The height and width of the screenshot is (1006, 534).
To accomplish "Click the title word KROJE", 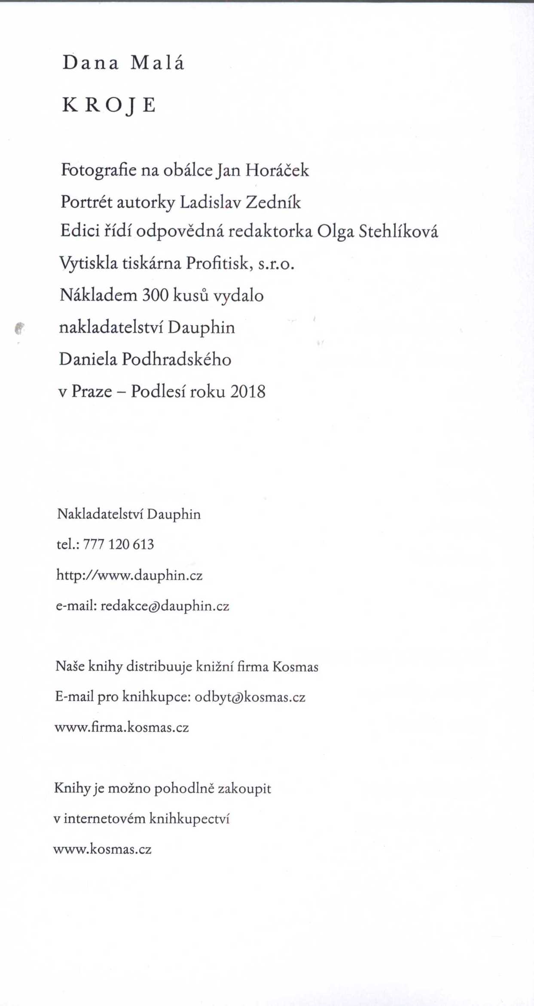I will (109, 105).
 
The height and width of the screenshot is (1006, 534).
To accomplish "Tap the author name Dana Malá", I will (123, 63).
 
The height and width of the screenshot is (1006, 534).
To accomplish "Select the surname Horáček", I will (277, 170).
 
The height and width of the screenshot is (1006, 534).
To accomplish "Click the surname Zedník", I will (273, 202).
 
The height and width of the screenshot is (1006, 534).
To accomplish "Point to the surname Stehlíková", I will (398, 232).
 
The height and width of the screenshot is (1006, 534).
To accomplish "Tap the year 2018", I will (247, 392).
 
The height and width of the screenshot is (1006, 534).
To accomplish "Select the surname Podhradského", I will (177, 359).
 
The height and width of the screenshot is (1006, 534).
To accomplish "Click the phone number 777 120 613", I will (118, 544).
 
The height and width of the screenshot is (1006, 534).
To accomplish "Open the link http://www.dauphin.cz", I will (129, 575).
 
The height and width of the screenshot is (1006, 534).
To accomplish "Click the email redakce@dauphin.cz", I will (165, 606).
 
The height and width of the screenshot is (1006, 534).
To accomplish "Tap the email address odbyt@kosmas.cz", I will (250, 697).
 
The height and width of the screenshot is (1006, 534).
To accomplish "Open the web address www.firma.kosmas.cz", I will (122, 727).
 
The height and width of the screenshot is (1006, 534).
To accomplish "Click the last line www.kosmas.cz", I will (102, 850).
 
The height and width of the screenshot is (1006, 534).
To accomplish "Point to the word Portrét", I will (86, 202).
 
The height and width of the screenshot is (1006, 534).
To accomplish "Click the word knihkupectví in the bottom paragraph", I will (189, 819).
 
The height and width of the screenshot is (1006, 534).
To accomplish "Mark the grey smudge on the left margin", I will (19, 328).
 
